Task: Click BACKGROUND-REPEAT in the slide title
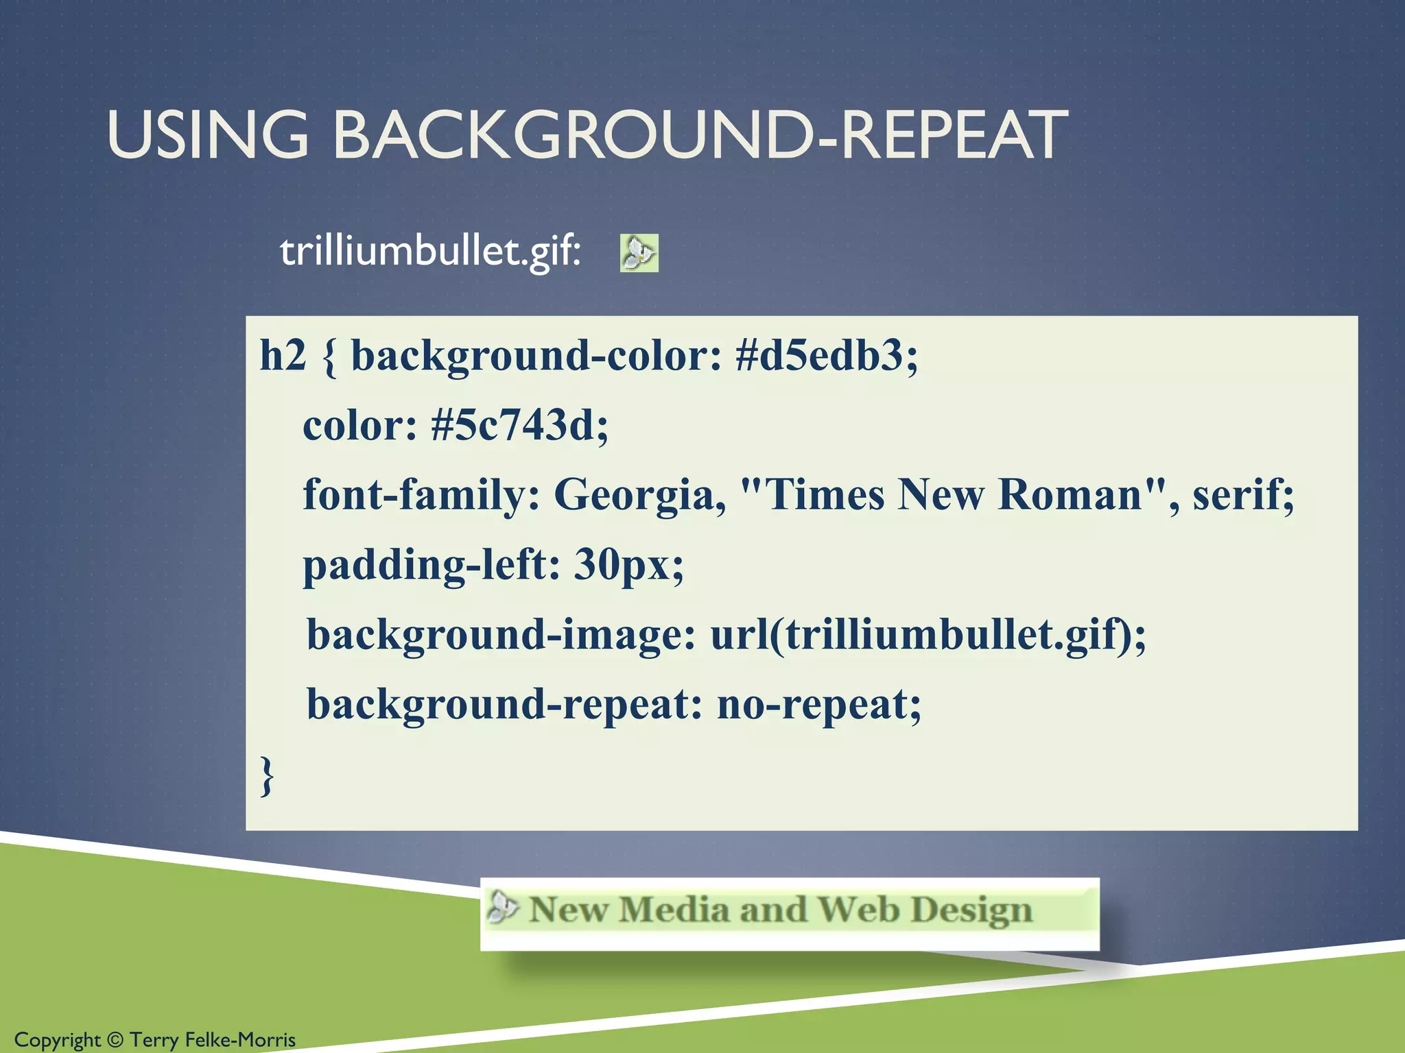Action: click(700, 135)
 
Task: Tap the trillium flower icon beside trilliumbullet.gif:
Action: click(639, 253)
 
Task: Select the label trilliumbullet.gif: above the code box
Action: click(430, 252)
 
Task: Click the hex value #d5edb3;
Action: click(826, 356)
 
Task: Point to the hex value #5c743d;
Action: click(519, 426)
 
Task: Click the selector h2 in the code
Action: click(282, 356)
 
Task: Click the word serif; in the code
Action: click(1243, 495)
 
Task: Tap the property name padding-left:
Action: click(432, 565)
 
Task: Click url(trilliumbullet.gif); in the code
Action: click(928, 635)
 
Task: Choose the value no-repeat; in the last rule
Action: click(819, 705)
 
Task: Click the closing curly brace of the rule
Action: click(268, 775)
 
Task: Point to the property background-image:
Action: click(501, 635)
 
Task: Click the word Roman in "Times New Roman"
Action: click(1070, 495)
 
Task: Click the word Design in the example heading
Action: click(971, 910)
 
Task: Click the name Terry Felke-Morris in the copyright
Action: click(213, 1040)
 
